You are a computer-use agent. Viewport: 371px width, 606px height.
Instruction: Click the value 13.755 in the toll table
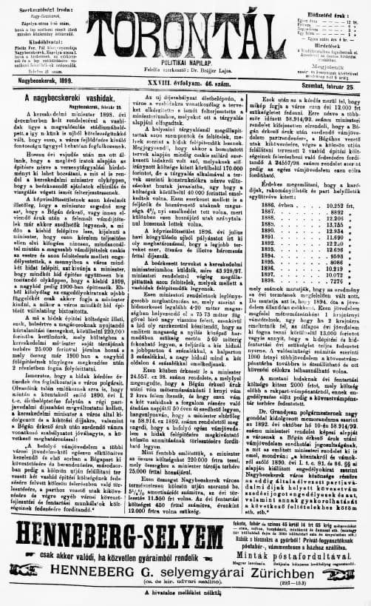pos(335,223)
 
